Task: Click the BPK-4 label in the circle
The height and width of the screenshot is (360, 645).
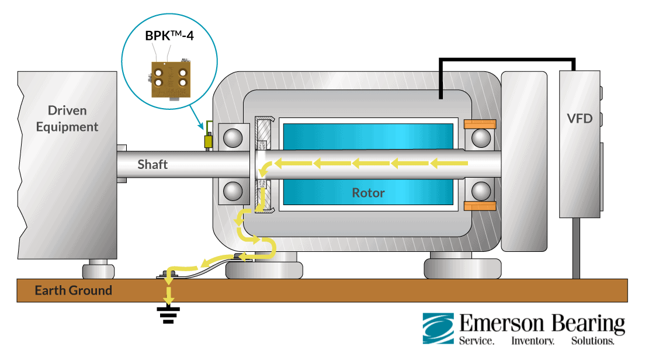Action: (x=169, y=36)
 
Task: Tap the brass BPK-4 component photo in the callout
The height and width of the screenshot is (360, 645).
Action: (x=169, y=79)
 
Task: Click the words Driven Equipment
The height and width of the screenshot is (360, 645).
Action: (x=67, y=119)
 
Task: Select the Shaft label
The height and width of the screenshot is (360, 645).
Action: (x=152, y=164)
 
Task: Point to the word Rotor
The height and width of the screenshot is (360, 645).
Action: (x=368, y=192)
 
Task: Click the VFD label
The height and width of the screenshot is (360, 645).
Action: (x=580, y=119)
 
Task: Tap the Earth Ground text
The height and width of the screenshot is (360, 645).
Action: (x=73, y=290)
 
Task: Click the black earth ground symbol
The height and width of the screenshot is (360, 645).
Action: (x=169, y=316)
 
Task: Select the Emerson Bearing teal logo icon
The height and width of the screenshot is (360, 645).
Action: (x=438, y=328)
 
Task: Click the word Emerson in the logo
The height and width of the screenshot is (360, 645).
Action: (x=501, y=323)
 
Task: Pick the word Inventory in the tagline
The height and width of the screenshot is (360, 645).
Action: (x=533, y=341)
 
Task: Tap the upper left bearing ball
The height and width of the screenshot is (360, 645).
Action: (x=233, y=138)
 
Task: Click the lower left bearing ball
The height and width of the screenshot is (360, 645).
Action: (x=233, y=191)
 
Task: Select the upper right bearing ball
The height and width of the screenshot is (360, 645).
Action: (x=481, y=138)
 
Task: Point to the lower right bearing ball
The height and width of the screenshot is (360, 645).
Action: (x=481, y=191)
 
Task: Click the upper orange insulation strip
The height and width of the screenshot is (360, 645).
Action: (x=480, y=124)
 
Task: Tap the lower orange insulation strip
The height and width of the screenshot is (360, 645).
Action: (x=480, y=206)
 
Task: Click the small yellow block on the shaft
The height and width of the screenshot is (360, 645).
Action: (x=208, y=141)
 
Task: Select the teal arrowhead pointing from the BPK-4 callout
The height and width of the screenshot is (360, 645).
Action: (x=201, y=126)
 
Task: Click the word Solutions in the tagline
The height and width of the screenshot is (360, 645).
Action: (x=593, y=341)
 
